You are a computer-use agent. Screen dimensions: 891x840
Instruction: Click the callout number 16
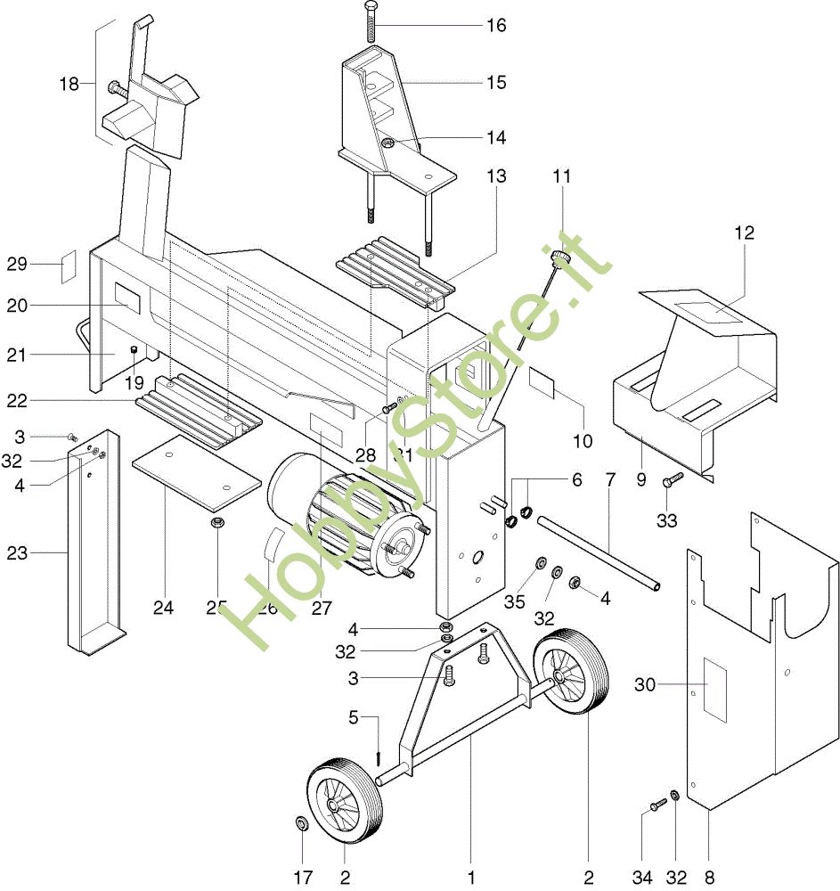(496, 25)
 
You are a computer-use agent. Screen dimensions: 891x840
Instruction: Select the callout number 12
(744, 233)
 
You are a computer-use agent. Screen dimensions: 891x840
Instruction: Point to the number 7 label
(610, 479)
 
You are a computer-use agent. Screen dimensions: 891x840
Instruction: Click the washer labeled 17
(301, 822)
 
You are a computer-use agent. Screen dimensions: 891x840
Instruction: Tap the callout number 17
(303, 878)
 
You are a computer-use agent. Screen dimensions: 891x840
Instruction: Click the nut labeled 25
(216, 522)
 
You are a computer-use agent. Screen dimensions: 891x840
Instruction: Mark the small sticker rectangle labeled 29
(68, 266)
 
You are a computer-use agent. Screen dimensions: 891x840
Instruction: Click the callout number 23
(17, 553)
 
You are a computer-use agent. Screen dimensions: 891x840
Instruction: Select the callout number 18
(69, 84)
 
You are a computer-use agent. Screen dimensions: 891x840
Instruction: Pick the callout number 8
(709, 878)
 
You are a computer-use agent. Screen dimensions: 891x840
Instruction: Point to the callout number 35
(515, 601)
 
